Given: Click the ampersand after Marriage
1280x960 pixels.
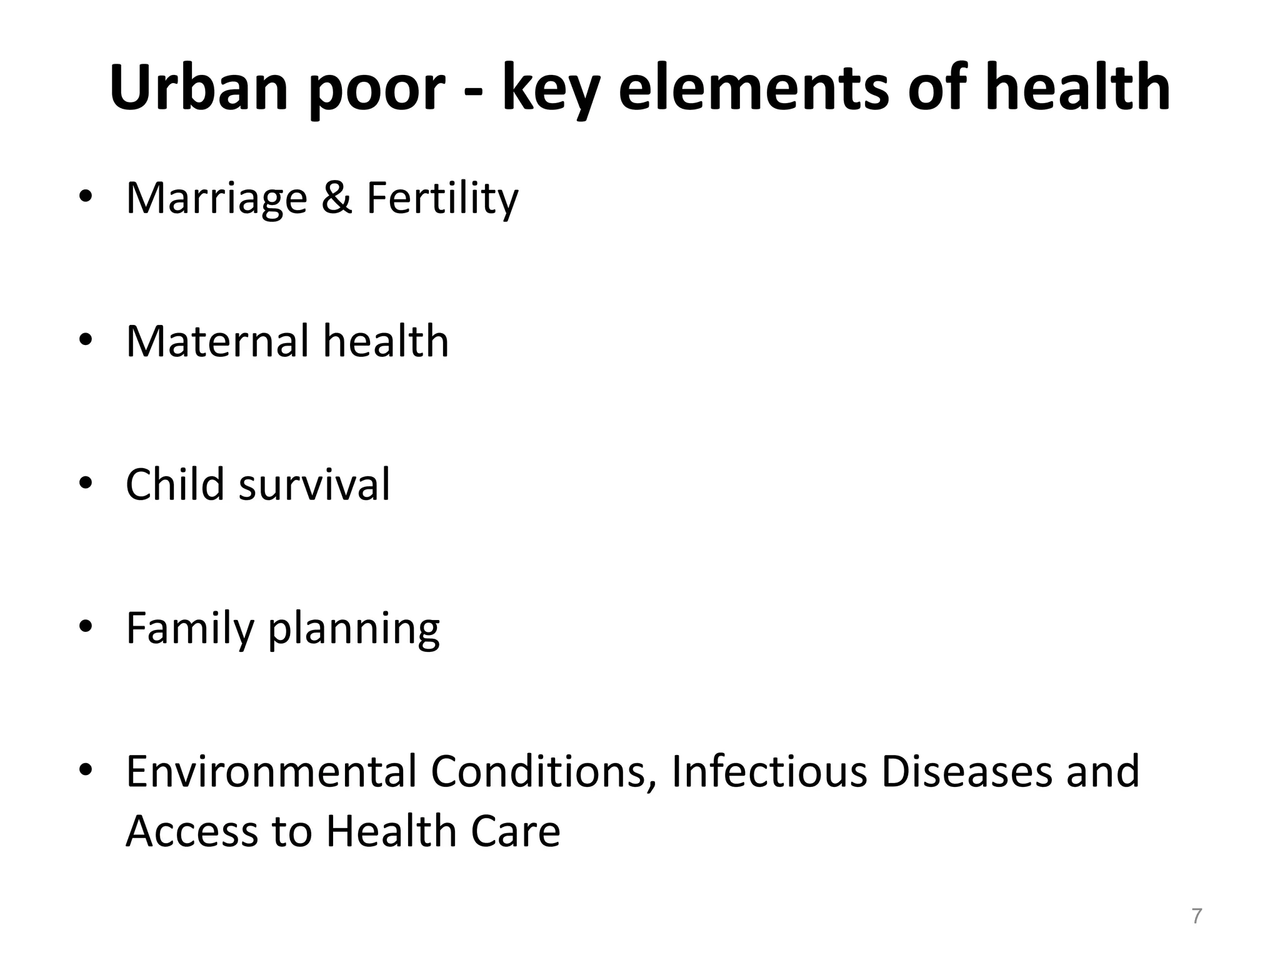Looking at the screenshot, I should (337, 197).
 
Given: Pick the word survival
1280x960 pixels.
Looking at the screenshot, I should (314, 486).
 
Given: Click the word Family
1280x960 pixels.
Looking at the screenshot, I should (189, 630).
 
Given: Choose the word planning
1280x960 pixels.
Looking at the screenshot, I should (354, 631).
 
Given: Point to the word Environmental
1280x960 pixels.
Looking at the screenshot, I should (271, 772).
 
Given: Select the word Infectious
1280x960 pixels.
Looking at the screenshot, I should (769, 772).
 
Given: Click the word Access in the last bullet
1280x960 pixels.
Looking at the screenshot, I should (191, 831).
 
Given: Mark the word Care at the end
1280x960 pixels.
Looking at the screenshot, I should (515, 831).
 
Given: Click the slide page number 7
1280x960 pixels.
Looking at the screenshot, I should (1196, 916).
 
